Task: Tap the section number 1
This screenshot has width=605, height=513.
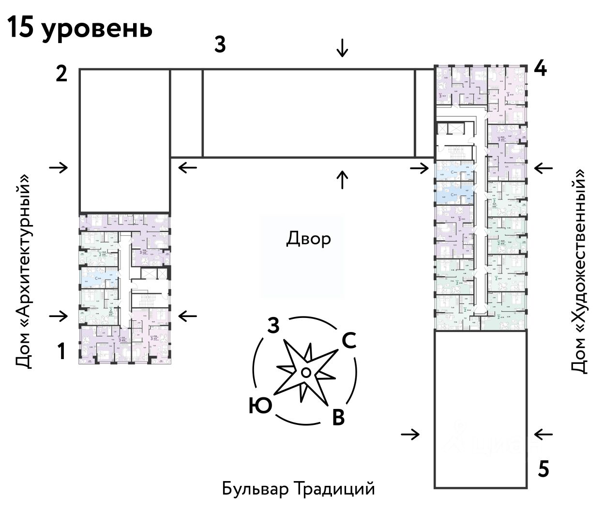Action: point(61,352)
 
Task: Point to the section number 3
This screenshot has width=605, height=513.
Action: point(220,45)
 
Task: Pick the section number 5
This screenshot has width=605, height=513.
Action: point(544,469)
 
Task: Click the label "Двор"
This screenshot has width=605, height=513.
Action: point(309,239)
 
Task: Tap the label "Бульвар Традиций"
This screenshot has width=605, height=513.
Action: point(299,488)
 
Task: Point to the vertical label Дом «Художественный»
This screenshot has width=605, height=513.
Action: point(580,271)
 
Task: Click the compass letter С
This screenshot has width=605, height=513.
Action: point(349,341)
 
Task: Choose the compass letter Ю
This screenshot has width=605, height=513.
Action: point(260,406)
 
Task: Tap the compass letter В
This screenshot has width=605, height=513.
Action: point(338,417)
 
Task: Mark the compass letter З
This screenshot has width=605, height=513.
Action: point(273,327)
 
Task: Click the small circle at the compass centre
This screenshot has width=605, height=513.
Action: point(305,372)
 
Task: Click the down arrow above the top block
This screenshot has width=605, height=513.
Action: point(342,48)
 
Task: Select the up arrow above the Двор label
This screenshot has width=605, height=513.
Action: point(342,180)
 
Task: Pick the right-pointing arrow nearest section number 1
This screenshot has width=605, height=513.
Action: point(59,316)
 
